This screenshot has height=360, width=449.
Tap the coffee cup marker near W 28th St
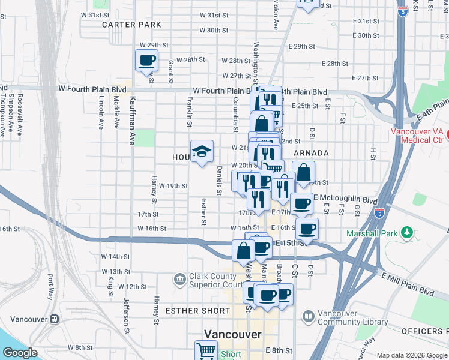(x=147, y=61)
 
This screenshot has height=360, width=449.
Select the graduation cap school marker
(x=202, y=151)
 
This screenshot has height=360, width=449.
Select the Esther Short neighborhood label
(x=197, y=311)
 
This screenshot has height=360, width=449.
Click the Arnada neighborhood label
(x=311, y=153)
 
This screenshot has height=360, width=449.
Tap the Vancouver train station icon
(x=54, y=319)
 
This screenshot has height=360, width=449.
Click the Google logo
(x=20, y=353)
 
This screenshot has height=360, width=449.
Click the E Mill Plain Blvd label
(x=408, y=283)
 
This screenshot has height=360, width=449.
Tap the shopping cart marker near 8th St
(x=206, y=350)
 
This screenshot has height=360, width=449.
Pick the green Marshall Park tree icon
(x=408, y=232)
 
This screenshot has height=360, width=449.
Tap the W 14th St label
(x=116, y=256)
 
